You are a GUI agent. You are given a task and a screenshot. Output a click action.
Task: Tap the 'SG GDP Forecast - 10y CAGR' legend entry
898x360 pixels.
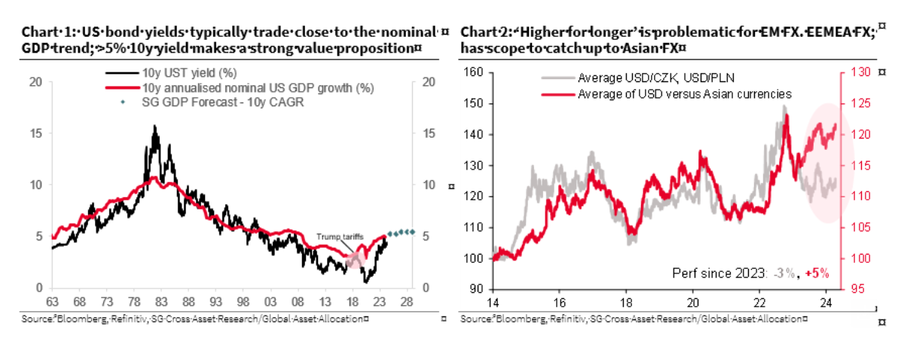(x=212, y=102)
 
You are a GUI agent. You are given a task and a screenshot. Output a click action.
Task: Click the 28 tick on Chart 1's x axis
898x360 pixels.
(x=406, y=303)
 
